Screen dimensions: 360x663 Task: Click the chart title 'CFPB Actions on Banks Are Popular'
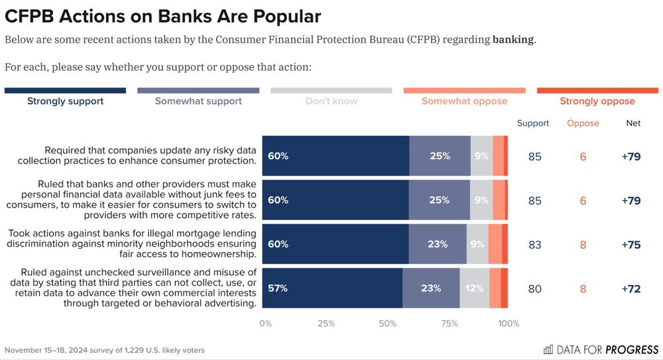pyautogui.click(x=163, y=17)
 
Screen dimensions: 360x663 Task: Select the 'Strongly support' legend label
pyautogui.click(x=65, y=101)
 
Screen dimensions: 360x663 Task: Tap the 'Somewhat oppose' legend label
pyautogui.click(x=464, y=101)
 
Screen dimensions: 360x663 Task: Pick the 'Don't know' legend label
pyautogui.click(x=331, y=101)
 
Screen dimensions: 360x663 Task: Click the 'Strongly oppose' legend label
pyautogui.click(x=597, y=101)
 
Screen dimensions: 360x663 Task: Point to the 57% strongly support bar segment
pyautogui.click(x=332, y=288)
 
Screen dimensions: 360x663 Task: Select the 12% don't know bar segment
pyautogui.click(x=475, y=288)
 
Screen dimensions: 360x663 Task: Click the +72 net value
pyautogui.click(x=631, y=288)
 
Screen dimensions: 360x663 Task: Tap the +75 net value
pyautogui.click(x=631, y=244)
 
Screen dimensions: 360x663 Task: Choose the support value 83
pyautogui.click(x=534, y=244)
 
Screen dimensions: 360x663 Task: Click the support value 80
pyautogui.click(x=534, y=288)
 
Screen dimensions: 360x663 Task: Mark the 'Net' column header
pyautogui.click(x=633, y=123)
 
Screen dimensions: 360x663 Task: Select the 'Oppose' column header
pyautogui.click(x=583, y=123)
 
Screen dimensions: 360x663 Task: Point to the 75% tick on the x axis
pyautogui.click(x=450, y=324)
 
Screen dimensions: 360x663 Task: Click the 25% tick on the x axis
pyautogui.click(x=326, y=324)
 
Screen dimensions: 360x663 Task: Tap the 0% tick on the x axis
pyautogui.click(x=265, y=324)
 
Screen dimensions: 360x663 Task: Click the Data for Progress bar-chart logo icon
pyautogui.click(x=548, y=349)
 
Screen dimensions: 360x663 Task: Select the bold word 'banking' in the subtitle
pyautogui.click(x=512, y=39)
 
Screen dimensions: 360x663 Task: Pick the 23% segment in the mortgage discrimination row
pyautogui.click(x=438, y=244)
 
